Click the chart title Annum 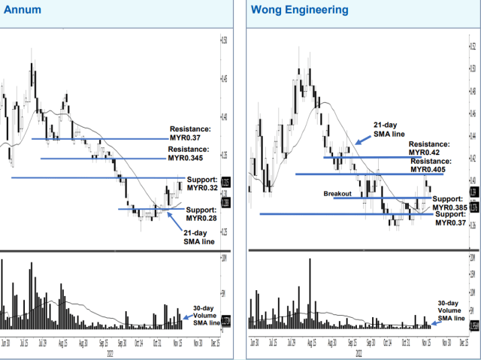23,11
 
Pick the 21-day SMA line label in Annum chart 198,237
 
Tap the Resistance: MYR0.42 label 429,147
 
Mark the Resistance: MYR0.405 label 432,165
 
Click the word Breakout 338,194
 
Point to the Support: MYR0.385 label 449,203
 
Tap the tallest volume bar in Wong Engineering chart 309,293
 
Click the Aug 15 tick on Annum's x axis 65,343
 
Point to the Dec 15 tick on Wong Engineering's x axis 465,343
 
